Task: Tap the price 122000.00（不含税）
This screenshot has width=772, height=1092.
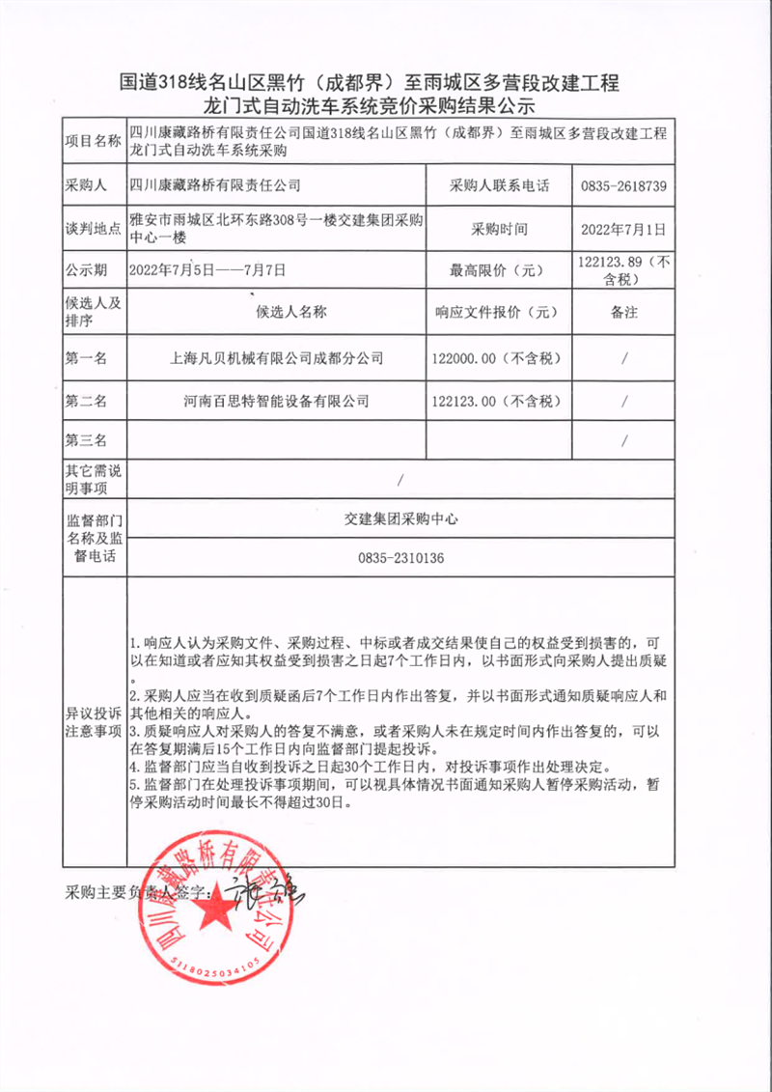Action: click(x=497, y=358)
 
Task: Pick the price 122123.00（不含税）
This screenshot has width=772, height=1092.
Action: click(x=497, y=400)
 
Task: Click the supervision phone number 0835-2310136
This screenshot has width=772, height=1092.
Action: click(x=400, y=558)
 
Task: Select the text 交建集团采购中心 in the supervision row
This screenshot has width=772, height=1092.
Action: click(x=400, y=518)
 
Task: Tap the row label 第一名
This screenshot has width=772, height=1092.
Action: click(x=86, y=358)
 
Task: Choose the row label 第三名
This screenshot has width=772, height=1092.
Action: click(x=86, y=440)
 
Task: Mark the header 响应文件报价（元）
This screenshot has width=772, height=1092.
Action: click(x=497, y=312)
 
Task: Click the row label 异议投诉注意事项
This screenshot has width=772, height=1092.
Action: click(x=92, y=721)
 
